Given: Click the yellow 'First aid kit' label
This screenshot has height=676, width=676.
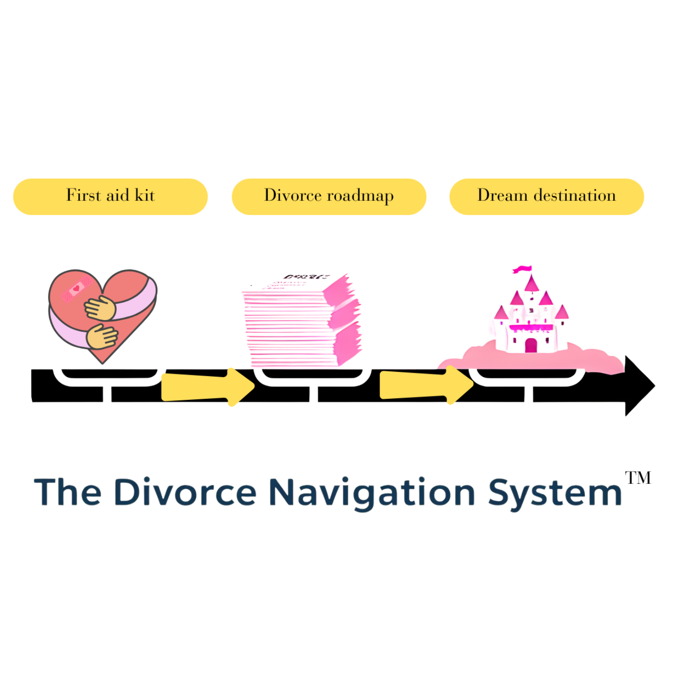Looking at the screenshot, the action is tap(110, 197).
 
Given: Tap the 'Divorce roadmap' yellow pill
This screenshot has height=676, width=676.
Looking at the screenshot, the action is tap(329, 197).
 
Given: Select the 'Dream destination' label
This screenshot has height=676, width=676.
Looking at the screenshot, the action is tap(547, 197).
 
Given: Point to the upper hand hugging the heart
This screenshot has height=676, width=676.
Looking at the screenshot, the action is tap(100, 308).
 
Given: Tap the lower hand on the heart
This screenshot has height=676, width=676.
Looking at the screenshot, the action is tap(102, 337).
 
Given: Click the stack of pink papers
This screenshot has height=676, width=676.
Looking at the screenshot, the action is tap(302, 321).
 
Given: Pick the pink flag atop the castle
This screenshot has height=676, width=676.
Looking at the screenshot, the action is tap(522, 269).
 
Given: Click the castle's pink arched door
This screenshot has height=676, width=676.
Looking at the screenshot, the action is tap(531, 345).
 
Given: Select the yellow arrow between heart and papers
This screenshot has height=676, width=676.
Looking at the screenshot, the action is tap(208, 386).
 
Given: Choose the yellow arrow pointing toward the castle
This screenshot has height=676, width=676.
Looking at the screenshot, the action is tap(426, 385).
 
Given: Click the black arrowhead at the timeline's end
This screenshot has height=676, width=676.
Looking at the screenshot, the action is tap(638, 386).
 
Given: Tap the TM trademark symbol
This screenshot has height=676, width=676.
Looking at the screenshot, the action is tap(638, 478).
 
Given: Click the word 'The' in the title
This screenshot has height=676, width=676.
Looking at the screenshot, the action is tap(68, 493).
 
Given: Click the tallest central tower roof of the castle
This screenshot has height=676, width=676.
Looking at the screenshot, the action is tap(532, 283).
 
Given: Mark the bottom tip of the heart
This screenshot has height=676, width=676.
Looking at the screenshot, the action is tap(103, 362).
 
